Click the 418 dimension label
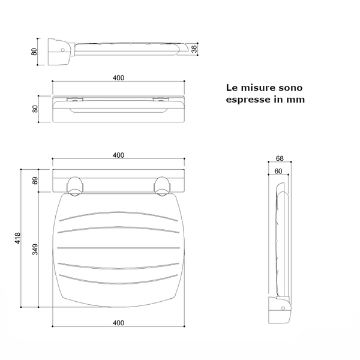coord(17,238)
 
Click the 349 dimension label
coord(35,250)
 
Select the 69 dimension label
coord(35,181)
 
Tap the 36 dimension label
coord(194,49)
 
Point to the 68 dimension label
coord(280,158)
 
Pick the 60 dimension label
coord(278,171)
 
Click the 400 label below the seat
coord(118,323)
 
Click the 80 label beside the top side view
coord(34,52)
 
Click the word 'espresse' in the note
coord(248,100)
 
